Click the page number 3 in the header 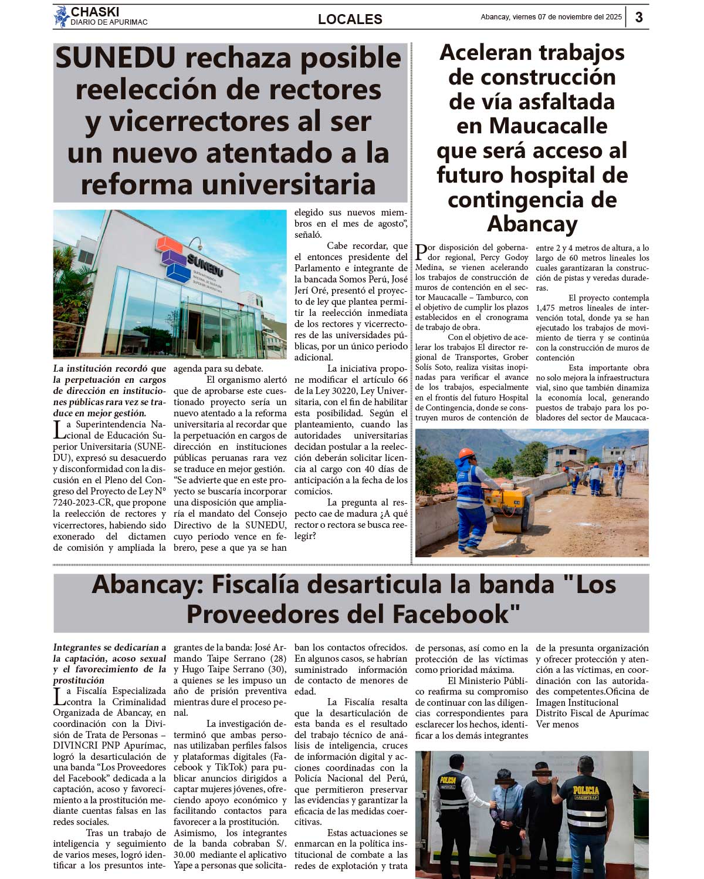(639, 17)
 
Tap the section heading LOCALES (350, 19)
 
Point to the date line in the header (551, 17)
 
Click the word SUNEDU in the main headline (116, 58)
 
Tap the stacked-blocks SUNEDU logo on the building (174, 258)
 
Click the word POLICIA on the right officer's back (586, 790)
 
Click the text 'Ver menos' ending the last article (557, 724)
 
